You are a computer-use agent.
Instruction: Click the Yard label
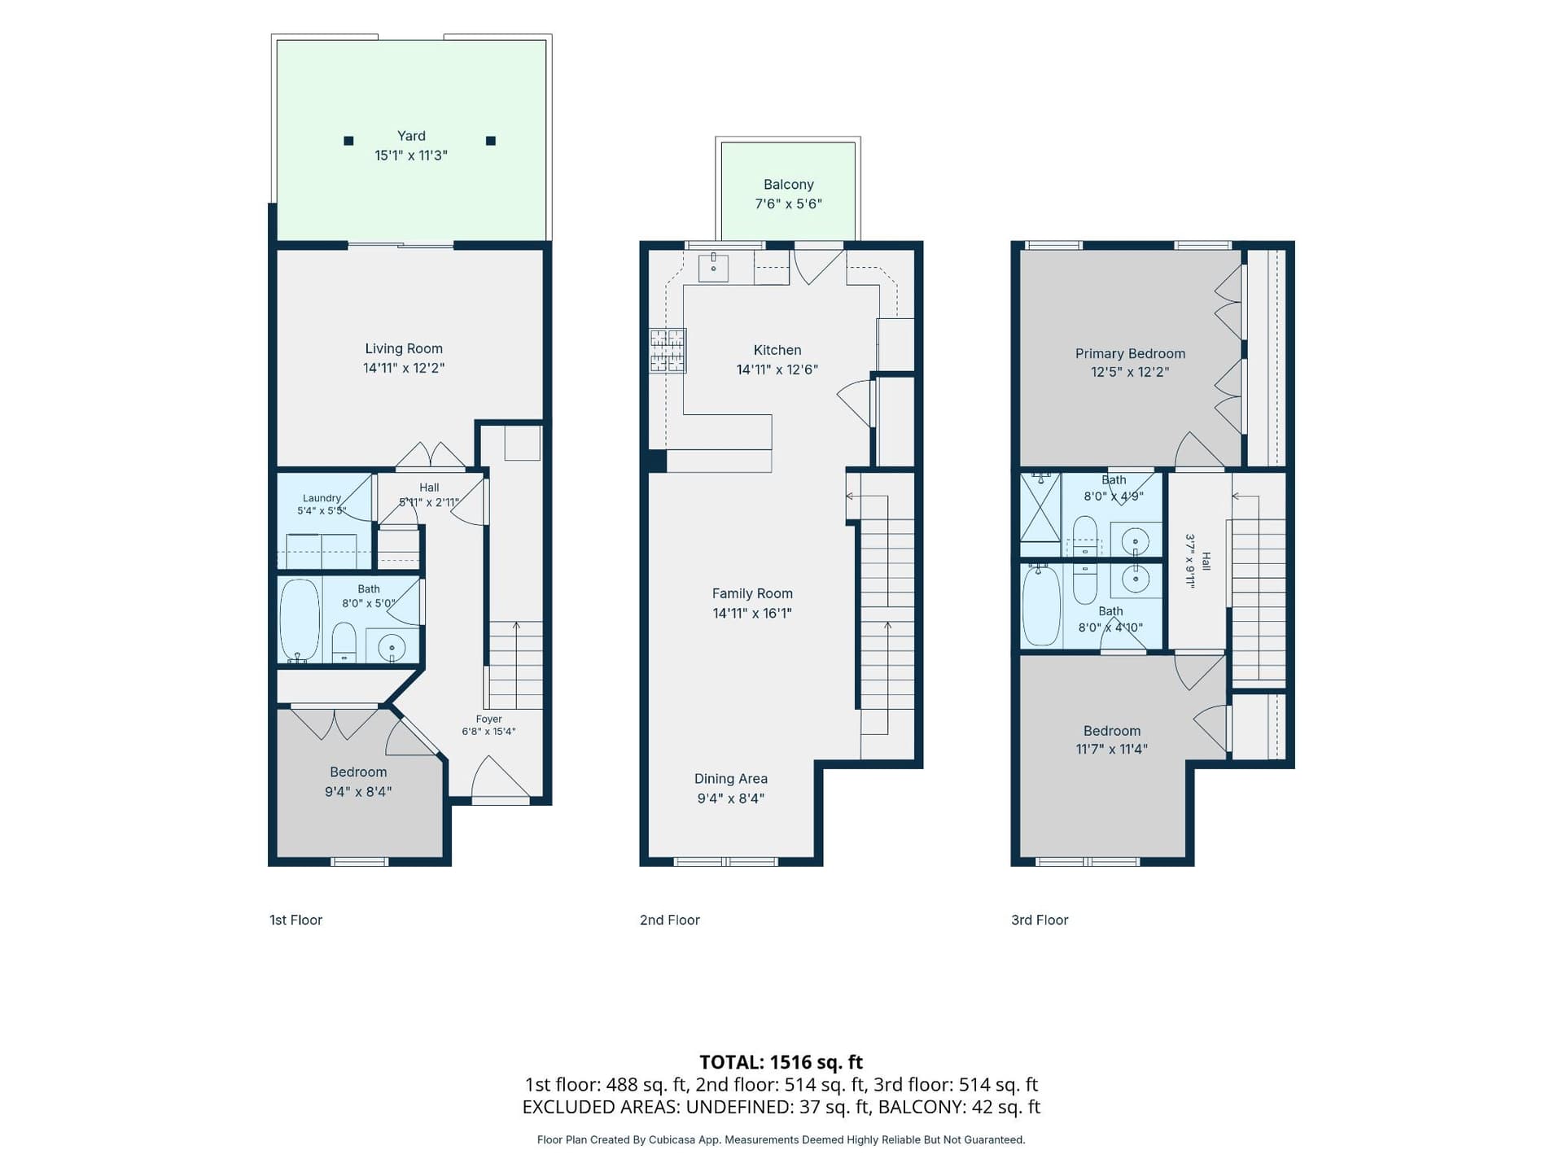click(411, 136)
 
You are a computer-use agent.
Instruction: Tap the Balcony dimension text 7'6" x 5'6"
click(788, 204)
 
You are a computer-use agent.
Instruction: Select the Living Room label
click(404, 348)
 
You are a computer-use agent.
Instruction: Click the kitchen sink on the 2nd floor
click(713, 267)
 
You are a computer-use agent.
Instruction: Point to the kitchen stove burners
click(668, 351)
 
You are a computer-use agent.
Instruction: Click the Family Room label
click(752, 594)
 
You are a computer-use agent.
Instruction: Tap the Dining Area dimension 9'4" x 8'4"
click(730, 798)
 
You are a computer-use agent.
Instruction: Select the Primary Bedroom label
click(1130, 353)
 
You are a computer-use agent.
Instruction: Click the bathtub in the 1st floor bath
click(300, 620)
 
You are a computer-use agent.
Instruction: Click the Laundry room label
click(322, 498)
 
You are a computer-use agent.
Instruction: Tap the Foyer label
click(488, 719)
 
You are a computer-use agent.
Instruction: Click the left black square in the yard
click(348, 141)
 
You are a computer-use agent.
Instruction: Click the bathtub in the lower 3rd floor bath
click(1041, 606)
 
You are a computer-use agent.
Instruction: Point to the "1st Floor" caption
click(296, 920)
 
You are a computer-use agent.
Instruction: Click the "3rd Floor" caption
click(1040, 920)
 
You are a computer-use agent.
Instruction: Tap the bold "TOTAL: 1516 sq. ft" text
click(781, 1062)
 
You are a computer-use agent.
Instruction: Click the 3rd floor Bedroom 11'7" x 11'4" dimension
click(1112, 750)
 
